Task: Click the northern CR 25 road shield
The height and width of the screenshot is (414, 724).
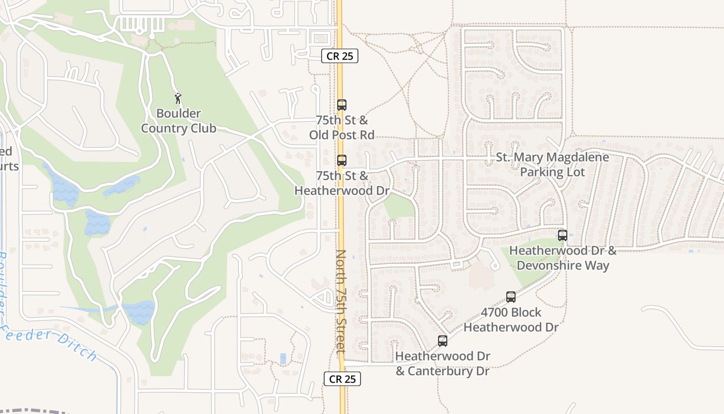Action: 340,56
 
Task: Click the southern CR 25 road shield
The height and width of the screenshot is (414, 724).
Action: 342,379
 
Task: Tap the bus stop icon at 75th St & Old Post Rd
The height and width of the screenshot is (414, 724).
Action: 342,105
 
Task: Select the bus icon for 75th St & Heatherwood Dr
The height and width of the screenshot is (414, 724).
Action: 342,160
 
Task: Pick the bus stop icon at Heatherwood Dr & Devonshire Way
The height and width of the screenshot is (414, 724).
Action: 563,235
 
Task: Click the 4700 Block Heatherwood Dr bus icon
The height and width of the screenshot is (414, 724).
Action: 511,297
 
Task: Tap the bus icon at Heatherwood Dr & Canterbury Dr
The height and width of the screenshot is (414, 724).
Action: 443,341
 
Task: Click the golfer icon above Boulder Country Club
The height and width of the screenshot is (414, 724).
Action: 178,98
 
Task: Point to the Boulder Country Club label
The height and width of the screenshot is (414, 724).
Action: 178,121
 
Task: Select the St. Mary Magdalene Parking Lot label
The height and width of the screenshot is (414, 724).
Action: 552,165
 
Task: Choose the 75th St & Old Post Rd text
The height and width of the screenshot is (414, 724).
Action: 342,128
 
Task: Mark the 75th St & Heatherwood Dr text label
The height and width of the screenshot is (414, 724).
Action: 342,183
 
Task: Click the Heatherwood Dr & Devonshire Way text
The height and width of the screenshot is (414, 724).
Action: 563,258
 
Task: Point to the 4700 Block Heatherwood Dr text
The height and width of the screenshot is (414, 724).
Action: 511,320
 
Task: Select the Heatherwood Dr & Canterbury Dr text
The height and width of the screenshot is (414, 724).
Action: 443,363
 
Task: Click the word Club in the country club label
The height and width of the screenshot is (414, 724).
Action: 203,128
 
